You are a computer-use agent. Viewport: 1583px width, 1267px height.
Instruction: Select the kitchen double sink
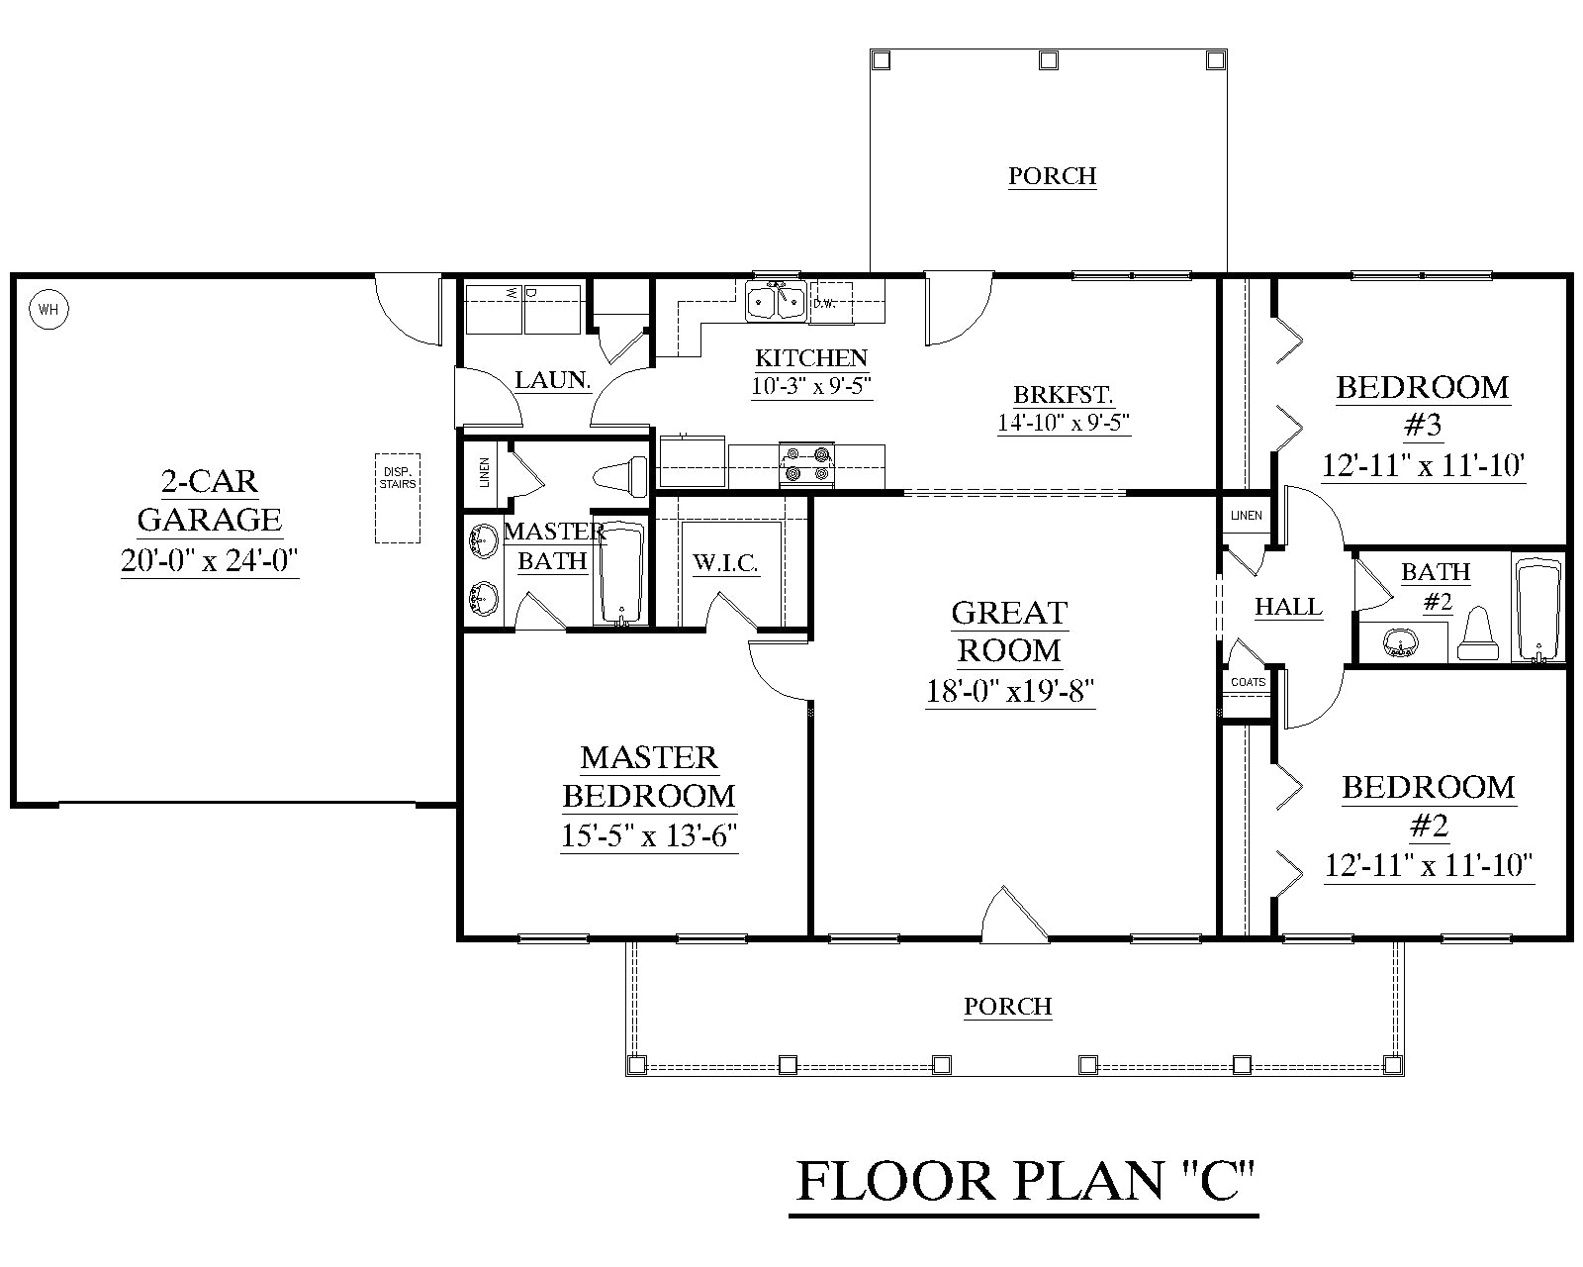777,301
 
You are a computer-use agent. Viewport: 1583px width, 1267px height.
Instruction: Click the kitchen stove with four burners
807,465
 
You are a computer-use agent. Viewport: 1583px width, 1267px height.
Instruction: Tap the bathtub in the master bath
620,573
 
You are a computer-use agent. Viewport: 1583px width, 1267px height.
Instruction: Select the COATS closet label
1248,682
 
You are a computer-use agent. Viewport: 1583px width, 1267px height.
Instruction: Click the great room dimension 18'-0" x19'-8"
1009,690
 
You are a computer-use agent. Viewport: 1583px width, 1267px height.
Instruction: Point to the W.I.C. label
725,564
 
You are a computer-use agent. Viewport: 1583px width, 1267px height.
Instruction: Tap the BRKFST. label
1063,394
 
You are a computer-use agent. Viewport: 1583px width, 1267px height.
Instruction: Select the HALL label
1288,607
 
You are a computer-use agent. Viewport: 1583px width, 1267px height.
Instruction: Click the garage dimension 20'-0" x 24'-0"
210,561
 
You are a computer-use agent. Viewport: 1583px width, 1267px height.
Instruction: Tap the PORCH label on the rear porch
1053,176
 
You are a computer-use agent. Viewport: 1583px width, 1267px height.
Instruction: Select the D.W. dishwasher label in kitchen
824,303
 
